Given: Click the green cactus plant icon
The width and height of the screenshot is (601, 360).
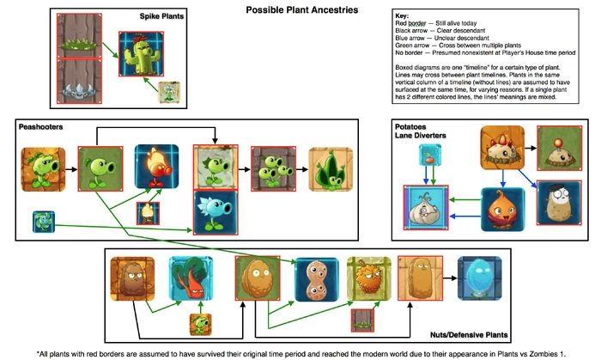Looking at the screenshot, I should (140, 52).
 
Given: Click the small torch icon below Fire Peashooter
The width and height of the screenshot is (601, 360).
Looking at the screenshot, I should (149, 211).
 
